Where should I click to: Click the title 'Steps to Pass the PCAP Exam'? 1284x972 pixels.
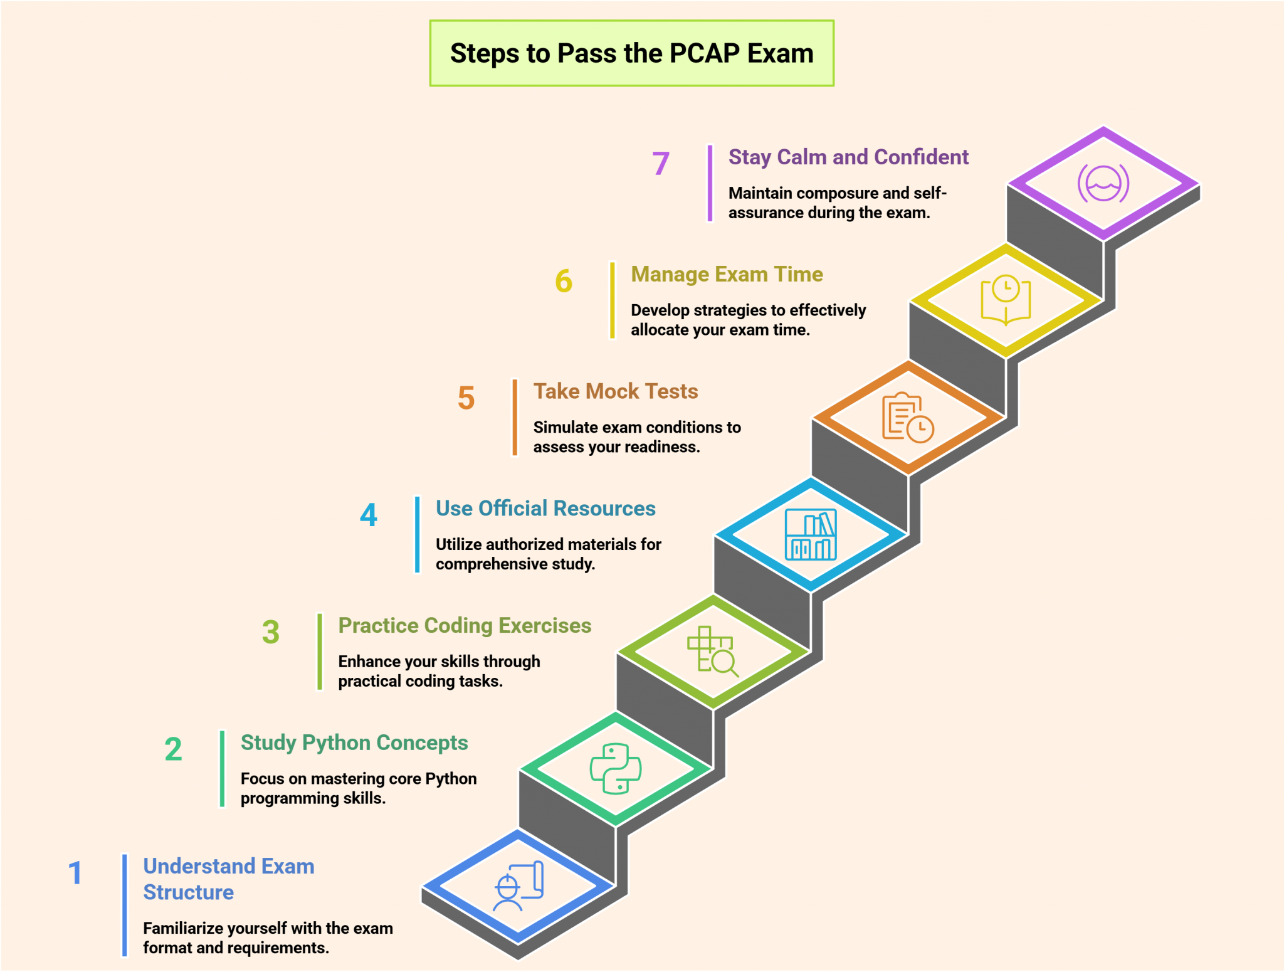pyautogui.click(x=631, y=53)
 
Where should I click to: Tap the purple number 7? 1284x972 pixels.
pyautogui.click(x=661, y=164)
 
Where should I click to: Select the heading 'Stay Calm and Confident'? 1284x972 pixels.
pyautogui.click(x=848, y=157)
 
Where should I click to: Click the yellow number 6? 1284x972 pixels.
pyautogui.click(x=564, y=281)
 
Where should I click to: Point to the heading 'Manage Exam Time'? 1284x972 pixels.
pyautogui.click(x=726, y=274)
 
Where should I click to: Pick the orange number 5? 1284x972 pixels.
pyautogui.click(x=466, y=398)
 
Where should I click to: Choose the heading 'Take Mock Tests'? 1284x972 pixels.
pyautogui.click(x=615, y=391)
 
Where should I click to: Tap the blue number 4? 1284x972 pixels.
pyautogui.click(x=369, y=515)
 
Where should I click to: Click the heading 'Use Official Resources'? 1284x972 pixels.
pyautogui.click(x=545, y=508)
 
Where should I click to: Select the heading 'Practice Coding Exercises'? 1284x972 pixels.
pyautogui.click(x=464, y=625)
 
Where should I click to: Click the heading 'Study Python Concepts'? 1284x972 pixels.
pyautogui.click(x=354, y=742)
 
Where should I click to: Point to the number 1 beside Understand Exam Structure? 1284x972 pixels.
pyautogui.click(x=75, y=873)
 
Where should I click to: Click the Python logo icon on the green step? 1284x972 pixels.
pyautogui.click(x=616, y=769)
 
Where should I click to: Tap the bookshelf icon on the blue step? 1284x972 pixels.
pyautogui.click(x=811, y=534)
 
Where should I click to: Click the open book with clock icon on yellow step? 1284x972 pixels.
pyautogui.click(x=1006, y=300)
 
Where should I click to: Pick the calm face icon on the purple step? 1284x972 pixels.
pyautogui.click(x=1103, y=183)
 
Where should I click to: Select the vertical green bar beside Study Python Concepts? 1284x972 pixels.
pyautogui.click(x=222, y=769)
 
